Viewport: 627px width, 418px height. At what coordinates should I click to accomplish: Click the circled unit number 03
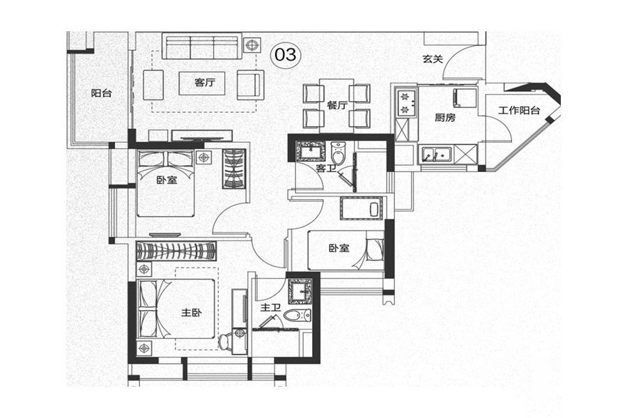click(286, 54)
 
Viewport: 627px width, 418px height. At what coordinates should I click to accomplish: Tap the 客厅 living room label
click(205, 82)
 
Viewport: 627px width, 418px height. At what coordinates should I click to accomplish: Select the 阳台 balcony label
click(101, 93)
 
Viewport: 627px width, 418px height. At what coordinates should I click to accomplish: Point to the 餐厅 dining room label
click(336, 106)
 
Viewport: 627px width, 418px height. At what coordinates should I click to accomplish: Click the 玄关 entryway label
click(433, 59)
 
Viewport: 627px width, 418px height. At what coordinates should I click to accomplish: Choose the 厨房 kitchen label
click(445, 118)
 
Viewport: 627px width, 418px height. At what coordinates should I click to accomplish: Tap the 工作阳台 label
click(519, 110)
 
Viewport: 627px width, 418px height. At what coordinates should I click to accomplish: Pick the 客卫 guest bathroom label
click(325, 168)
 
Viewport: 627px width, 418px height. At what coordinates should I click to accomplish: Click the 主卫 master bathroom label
click(271, 308)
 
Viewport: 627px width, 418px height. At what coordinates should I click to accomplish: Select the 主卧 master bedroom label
click(191, 312)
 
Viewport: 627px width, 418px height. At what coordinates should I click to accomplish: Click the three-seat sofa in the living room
click(202, 46)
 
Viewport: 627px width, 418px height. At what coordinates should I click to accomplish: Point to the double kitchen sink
click(435, 155)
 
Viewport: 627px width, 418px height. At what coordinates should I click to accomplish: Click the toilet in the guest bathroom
click(338, 153)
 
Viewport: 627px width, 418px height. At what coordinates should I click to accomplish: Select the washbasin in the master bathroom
click(300, 291)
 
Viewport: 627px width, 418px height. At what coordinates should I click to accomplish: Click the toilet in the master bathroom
click(297, 315)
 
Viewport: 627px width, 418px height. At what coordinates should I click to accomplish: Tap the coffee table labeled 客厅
click(202, 83)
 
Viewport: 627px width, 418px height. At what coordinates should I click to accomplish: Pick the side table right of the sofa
click(251, 45)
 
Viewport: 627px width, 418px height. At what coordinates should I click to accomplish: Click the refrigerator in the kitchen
click(465, 98)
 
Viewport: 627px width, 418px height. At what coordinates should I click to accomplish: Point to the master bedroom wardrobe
click(176, 251)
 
